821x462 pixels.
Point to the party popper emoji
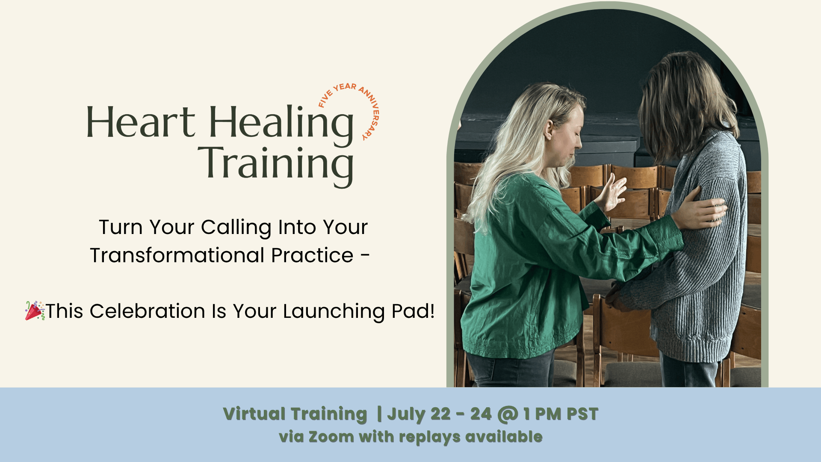(x=35, y=311)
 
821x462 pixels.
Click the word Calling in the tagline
(x=236, y=228)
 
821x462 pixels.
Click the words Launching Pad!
(x=359, y=312)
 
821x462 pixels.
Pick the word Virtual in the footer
(x=254, y=414)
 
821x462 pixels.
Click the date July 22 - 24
(x=439, y=414)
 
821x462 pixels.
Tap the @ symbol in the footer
(x=508, y=415)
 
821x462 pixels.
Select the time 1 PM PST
(x=561, y=414)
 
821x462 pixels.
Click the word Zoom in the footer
(x=331, y=437)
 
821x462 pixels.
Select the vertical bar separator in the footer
(x=379, y=414)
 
